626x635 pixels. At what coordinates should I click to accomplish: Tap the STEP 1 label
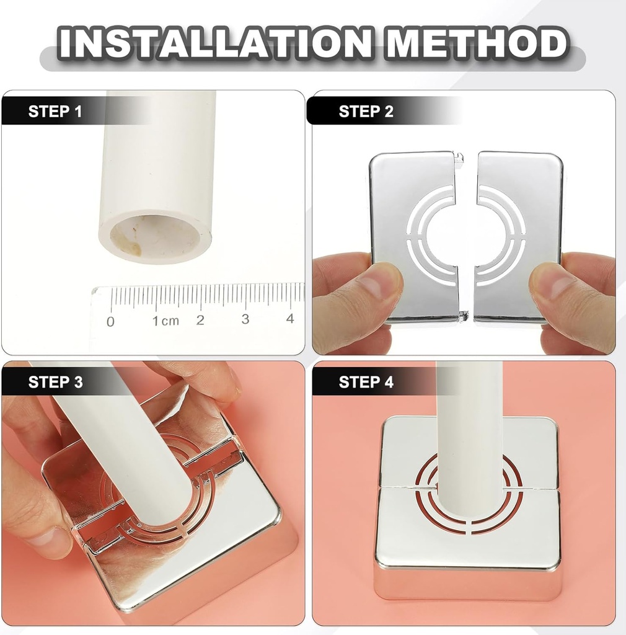(x=55, y=112)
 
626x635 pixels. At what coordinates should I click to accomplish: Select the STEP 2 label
(x=366, y=112)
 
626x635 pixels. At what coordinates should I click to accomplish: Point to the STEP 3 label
(x=55, y=382)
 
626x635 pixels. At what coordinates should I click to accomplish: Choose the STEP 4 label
(x=366, y=382)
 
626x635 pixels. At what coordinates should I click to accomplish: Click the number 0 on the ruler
(x=110, y=322)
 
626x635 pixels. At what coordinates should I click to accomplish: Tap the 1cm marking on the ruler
(x=165, y=321)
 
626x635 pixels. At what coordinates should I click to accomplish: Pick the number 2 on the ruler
(x=200, y=320)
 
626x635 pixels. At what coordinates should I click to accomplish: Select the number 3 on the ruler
(x=245, y=319)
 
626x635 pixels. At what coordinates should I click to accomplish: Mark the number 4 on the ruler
(x=289, y=318)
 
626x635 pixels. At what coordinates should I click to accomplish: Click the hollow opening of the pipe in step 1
(x=154, y=238)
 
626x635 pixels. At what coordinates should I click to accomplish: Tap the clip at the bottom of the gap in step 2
(x=463, y=316)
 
